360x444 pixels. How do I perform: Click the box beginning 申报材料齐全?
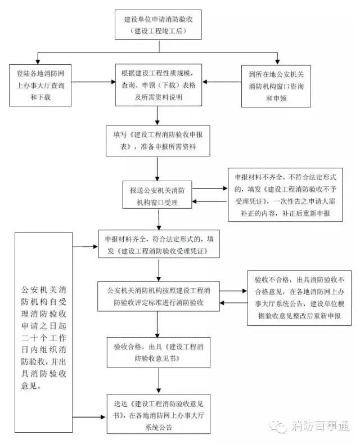[x=158, y=244]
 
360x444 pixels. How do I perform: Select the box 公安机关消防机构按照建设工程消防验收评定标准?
[x=158, y=297]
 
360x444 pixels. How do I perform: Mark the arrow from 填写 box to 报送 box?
[x=158, y=168]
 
